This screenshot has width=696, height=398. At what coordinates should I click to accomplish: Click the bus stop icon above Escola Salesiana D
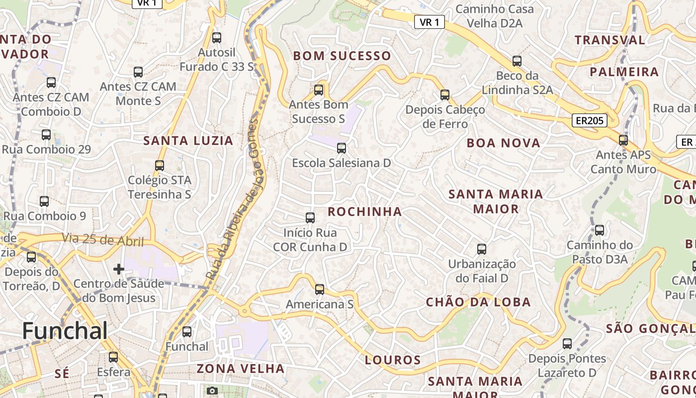click(x=341, y=148)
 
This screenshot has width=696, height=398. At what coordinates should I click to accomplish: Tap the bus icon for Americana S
click(x=320, y=289)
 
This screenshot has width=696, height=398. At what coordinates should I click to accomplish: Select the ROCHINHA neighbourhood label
click(x=365, y=211)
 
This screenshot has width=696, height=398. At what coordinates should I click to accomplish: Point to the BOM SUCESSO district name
click(x=342, y=56)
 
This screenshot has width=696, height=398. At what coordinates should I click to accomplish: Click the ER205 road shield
click(x=589, y=120)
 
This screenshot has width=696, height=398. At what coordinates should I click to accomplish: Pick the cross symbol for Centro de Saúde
click(x=118, y=269)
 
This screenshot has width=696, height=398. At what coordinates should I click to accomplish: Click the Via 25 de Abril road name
click(x=102, y=240)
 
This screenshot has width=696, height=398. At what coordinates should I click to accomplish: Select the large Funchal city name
click(x=65, y=331)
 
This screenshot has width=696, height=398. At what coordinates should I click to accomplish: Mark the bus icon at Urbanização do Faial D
click(x=481, y=249)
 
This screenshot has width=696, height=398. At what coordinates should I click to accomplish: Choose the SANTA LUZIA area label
click(x=188, y=141)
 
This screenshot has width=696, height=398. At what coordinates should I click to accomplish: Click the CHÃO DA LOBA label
click(x=478, y=302)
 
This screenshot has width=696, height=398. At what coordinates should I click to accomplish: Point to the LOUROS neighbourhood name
click(x=393, y=360)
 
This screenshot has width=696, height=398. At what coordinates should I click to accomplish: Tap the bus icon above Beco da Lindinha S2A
click(x=517, y=61)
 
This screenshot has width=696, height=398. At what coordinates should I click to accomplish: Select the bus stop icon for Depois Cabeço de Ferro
click(x=445, y=95)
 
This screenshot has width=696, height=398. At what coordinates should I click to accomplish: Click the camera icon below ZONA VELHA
click(x=212, y=391)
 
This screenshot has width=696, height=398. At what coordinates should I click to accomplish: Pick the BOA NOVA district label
click(x=503, y=143)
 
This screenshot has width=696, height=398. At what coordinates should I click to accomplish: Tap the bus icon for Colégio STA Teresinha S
click(x=160, y=165)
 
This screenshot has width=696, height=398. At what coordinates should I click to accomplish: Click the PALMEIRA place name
click(x=624, y=72)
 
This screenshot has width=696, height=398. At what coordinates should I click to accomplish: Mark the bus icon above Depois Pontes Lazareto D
click(x=567, y=343)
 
